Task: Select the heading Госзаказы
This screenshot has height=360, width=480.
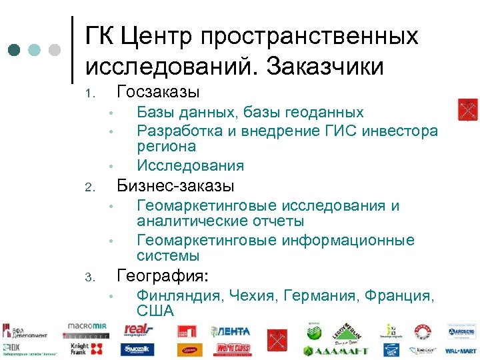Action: pyautogui.click(x=159, y=91)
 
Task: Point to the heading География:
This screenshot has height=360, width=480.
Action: pyautogui.click(x=163, y=275)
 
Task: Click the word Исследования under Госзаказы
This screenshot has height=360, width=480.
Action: pyautogui.click(x=190, y=165)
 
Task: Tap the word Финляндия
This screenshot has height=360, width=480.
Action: pyautogui.click(x=179, y=294)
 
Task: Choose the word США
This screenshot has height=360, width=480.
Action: pyautogui.click(x=155, y=310)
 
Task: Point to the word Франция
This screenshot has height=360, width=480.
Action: pyautogui.click(x=399, y=294)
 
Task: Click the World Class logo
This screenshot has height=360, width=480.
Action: pyautogui.click(x=233, y=349)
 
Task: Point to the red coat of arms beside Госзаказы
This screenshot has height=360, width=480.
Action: pyautogui.click(x=467, y=109)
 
